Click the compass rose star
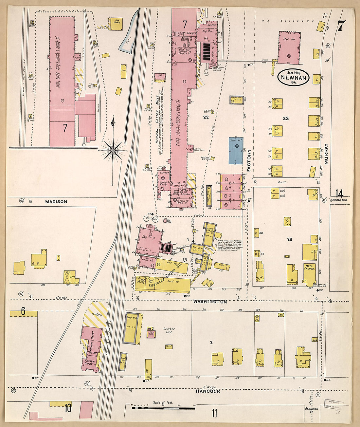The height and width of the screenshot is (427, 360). [113, 150]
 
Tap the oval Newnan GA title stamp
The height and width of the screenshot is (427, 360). [293, 78]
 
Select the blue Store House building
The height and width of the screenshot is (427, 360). [236, 150]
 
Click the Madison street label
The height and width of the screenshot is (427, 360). [56, 202]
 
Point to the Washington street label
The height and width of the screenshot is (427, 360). [210, 302]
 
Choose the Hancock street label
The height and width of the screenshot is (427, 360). [208, 391]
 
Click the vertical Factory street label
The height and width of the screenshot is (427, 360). [249, 160]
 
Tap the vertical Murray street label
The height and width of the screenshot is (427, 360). [326, 154]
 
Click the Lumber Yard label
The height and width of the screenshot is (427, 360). [169, 331]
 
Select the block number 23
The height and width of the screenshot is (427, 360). [286, 118]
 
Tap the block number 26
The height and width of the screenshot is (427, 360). [290, 240]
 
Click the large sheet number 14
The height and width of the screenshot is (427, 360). [339, 193]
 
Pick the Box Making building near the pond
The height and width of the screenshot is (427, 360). [116, 24]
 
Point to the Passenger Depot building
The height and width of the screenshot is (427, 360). [90, 364]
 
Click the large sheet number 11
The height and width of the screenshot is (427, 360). [214, 413]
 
